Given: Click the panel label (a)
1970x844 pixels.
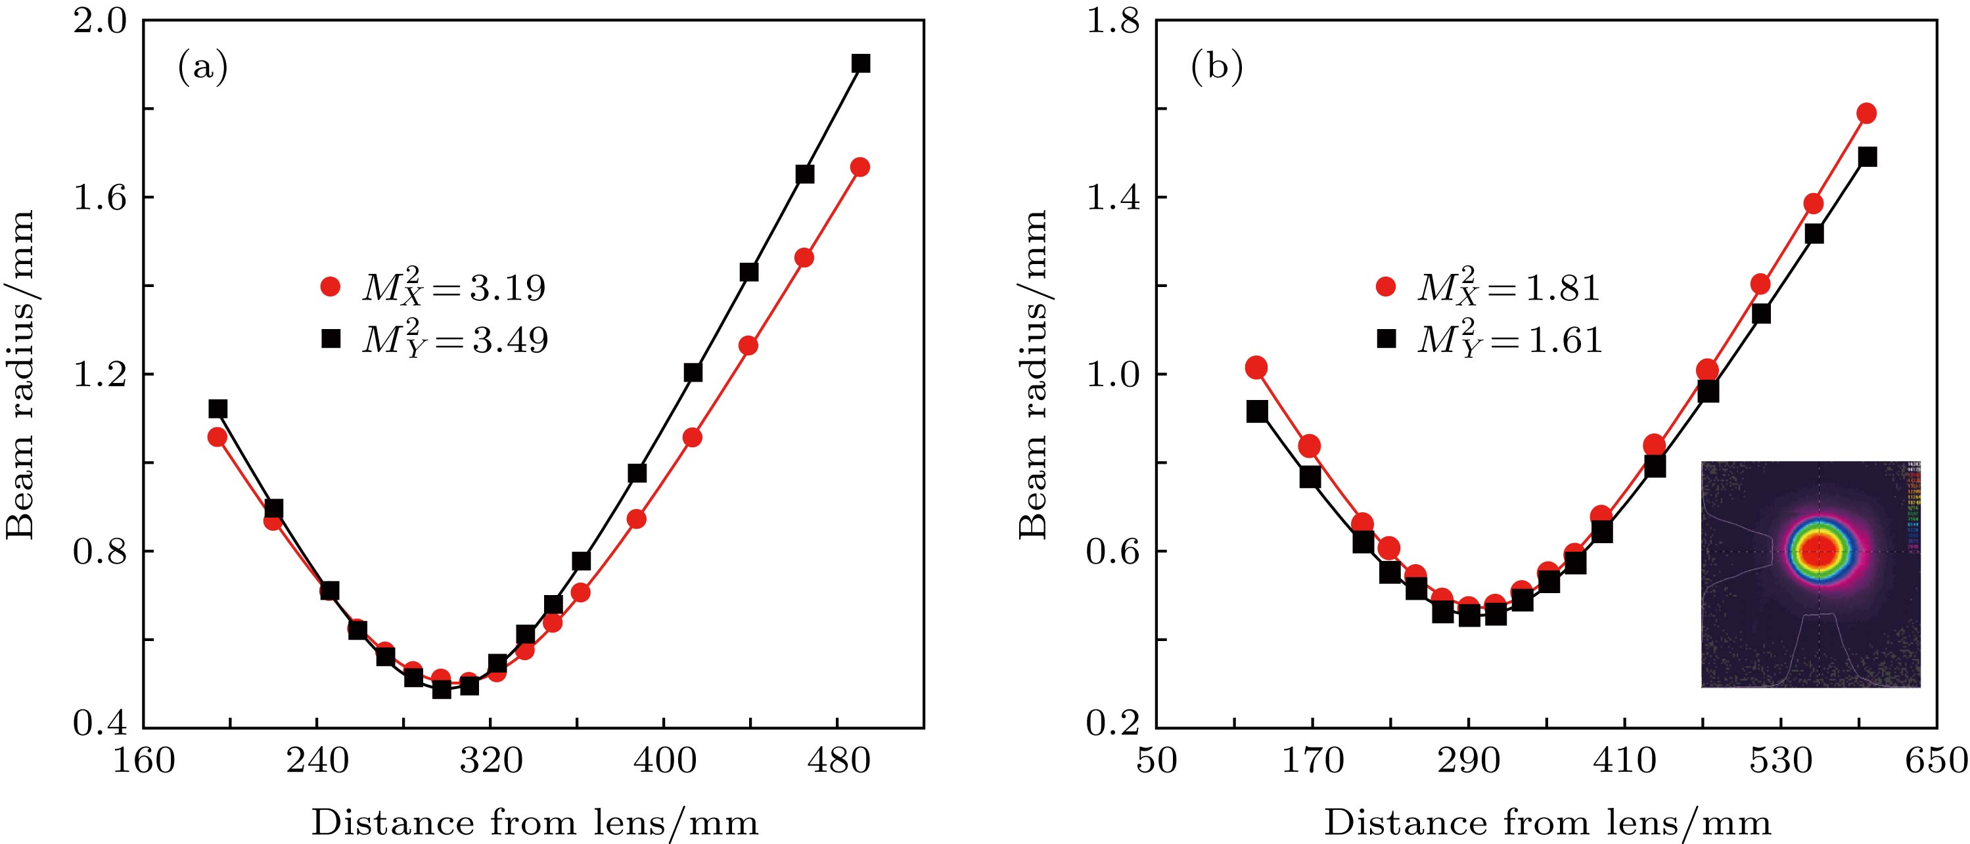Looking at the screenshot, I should pos(202,69).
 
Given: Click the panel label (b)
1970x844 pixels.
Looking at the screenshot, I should pos(1217,69).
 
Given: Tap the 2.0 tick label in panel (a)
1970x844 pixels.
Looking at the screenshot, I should pos(98,22).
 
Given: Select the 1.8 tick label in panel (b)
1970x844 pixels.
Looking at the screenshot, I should pos(1112,22).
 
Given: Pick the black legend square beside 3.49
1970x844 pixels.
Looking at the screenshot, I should pos(331,339).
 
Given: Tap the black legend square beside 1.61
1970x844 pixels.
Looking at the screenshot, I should pos(1385,339).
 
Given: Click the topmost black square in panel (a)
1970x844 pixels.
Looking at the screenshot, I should pos(860,64).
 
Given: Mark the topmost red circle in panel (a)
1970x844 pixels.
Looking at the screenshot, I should pos(859,167).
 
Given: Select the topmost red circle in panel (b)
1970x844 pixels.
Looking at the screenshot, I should pos(1866,114).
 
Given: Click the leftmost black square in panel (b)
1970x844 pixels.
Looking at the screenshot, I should pos(1256,412).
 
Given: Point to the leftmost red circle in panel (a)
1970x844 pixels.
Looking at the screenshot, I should pos(218,437).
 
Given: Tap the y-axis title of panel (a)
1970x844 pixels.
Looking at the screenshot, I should pos(22,374).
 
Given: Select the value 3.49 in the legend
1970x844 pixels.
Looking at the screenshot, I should pos(509,340).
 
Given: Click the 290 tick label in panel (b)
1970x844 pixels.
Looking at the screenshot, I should pos(1469,762).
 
